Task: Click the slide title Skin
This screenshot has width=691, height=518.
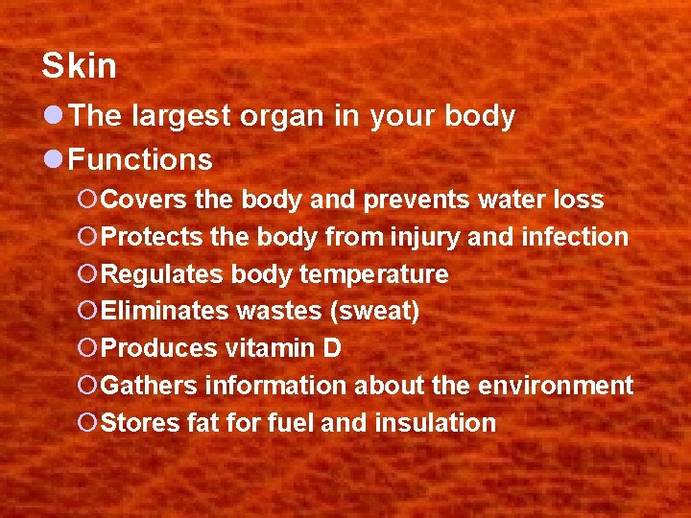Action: (x=79, y=66)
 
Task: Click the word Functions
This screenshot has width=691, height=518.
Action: (x=141, y=158)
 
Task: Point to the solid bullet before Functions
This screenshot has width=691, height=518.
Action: (x=56, y=158)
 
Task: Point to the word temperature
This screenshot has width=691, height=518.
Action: (x=373, y=274)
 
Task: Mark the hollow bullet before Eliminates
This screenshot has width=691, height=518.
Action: (x=87, y=312)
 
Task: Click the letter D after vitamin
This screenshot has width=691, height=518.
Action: (x=331, y=348)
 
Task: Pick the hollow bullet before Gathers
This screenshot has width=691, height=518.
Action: (x=87, y=386)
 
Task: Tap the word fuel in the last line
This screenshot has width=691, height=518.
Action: (x=289, y=423)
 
